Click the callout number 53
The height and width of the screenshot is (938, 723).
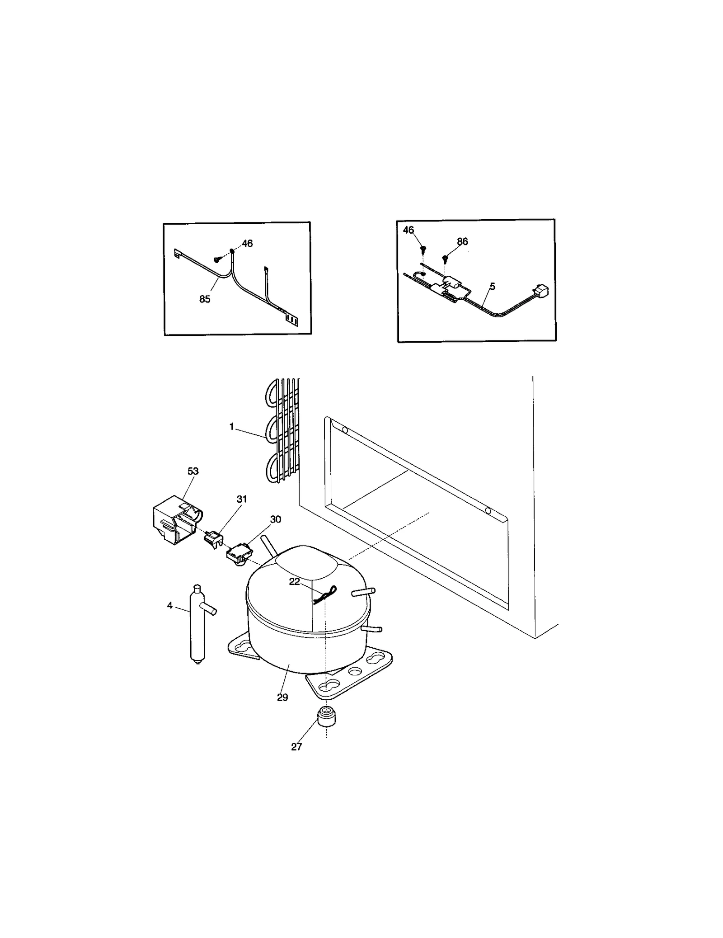coord(193,471)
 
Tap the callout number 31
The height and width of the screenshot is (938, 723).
coord(242,499)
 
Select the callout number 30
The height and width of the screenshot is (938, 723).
coord(275,519)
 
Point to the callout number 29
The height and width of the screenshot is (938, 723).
coord(282,698)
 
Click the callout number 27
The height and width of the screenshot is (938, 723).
coord(296,747)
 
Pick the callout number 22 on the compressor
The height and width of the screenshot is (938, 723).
coord(294,582)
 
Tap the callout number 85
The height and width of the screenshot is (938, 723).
coord(205,299)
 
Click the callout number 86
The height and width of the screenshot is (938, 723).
coord(462,241)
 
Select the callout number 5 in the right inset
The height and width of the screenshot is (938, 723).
coord(492,286)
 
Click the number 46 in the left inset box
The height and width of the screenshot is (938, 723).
coord(247,243)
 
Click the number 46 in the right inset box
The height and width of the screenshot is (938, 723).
coord(408,230)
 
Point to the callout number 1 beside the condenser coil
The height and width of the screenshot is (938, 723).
coord(232,426)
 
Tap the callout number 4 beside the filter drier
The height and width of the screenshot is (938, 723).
coord(170,605)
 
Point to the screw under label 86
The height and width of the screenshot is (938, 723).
coord(445,258)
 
